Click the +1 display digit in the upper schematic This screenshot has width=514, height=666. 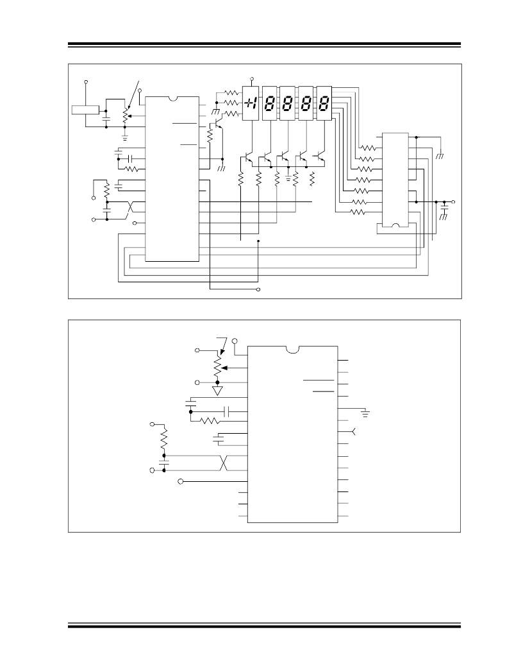251,103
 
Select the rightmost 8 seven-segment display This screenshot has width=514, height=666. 325,103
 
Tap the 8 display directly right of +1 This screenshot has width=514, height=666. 270,103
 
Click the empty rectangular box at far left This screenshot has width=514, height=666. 85,110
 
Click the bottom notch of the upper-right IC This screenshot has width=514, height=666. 396,225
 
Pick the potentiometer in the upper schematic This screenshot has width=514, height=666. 124,116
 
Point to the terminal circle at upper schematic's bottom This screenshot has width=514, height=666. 258,290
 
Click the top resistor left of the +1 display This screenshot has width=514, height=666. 231,92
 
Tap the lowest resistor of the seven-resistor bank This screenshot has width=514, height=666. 360,211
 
